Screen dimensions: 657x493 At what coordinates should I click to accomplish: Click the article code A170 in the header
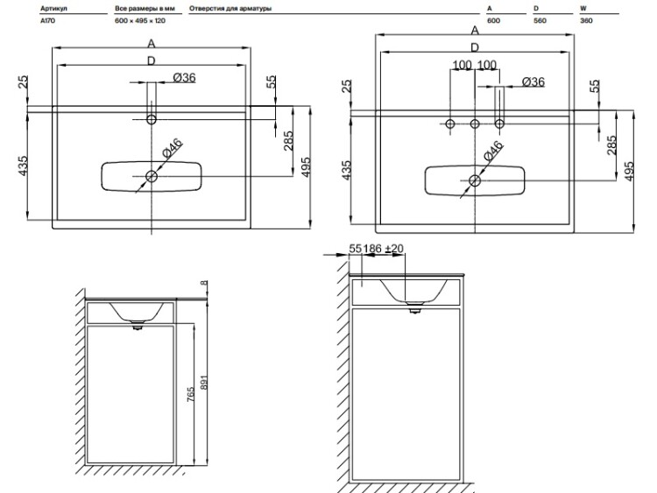[x=47, y=20]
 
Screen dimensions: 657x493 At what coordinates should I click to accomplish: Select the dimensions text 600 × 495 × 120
[x=140, y=20]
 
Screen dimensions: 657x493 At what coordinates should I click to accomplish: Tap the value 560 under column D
[x=540, y=20]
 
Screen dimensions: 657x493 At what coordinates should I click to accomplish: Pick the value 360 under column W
[x=586, y=20]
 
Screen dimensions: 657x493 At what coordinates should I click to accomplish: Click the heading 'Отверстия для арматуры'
[x=230, y=9]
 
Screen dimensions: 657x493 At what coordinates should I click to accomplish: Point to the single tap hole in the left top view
[x=152, y=120]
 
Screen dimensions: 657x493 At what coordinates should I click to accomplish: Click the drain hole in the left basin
[x=152, y=176]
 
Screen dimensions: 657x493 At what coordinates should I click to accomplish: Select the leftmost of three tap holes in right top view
[x=450, y=124]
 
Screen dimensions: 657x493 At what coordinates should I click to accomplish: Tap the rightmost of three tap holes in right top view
[x=499, y=124]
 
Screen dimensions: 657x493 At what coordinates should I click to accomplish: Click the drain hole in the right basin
[x=475, y=180]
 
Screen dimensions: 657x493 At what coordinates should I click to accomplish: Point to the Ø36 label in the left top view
[x=184, y=77]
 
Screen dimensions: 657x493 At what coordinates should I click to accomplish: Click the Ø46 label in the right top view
[x=493, y=151]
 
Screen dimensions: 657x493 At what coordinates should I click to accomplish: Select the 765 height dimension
[x=191, y=395]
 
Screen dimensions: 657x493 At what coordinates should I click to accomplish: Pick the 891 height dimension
[x=204, y=382]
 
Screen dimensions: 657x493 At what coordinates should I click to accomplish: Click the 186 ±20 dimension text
[x=384, y=249]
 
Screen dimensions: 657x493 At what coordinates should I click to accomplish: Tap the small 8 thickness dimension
[x=204, y=283]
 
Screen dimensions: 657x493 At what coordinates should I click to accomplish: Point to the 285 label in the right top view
[x=611, y=145]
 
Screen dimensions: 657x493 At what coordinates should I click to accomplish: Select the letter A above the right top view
[x=475, y=30]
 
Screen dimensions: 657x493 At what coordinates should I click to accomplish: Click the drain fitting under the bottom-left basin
[x=137, y=326]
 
